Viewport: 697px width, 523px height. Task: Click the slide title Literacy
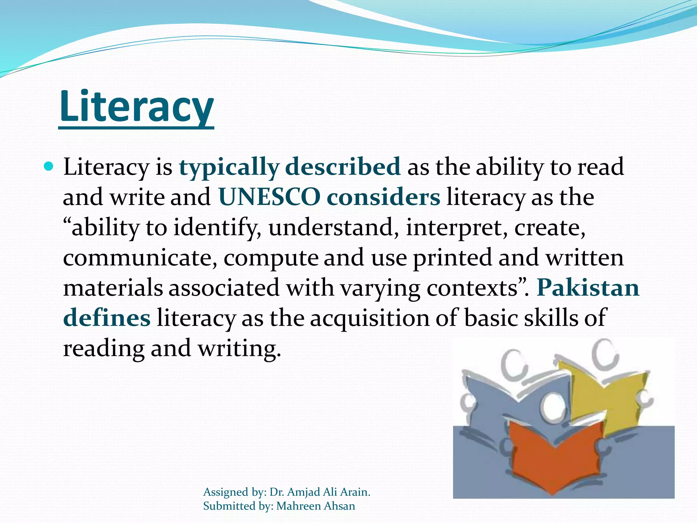[136, 107]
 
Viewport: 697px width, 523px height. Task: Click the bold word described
[343, 167]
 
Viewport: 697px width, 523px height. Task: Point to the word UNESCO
[269, 197]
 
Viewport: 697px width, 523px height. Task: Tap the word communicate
[140, 258]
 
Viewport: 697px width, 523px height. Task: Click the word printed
[453, 258]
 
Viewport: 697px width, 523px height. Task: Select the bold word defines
[107, 318]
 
